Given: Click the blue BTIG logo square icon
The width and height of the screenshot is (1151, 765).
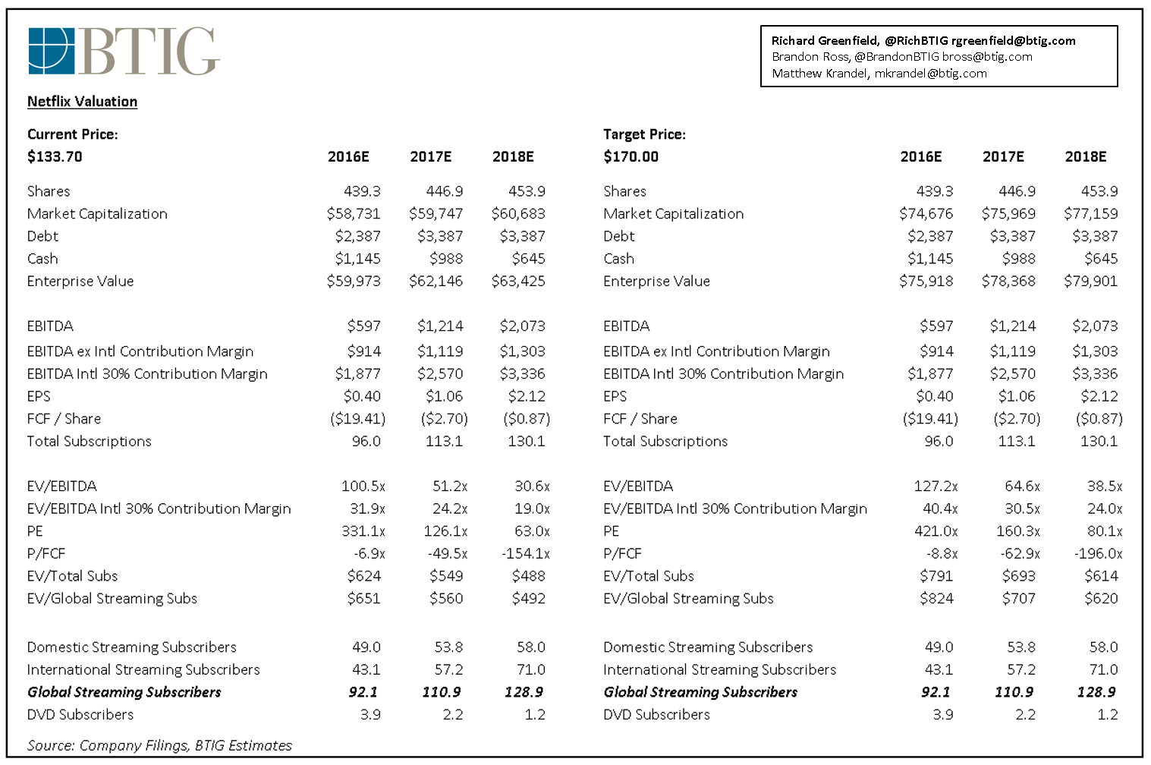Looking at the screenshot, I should [x=52, y=52].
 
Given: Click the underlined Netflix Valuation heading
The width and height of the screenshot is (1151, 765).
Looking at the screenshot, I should [x=82, y=102].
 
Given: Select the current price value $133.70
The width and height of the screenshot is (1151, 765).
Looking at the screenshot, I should [x=55, y=157].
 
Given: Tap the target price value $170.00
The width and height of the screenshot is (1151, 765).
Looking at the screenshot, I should [x=631, y=157].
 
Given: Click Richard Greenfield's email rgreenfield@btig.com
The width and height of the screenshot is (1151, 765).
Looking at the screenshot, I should [x=1013, y=41].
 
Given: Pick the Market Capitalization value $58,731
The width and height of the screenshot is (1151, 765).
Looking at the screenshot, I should [x=354, y=214].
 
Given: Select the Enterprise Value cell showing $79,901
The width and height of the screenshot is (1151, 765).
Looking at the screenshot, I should [x=1090, y=282].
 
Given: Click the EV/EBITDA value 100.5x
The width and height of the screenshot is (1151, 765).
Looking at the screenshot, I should [x=363, y=486].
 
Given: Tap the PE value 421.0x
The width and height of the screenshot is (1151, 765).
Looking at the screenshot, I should [x=936, y=531].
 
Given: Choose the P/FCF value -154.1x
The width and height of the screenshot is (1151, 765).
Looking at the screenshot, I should [x=525, y=554].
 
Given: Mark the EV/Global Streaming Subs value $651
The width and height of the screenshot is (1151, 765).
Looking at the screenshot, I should [x=363, y=599].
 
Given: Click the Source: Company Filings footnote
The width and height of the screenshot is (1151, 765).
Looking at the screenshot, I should [x=159, y=746].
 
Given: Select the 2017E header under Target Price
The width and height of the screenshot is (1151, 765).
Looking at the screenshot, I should [x=1003, y=157].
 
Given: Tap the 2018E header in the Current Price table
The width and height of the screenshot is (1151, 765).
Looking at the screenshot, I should [x=513, y=157].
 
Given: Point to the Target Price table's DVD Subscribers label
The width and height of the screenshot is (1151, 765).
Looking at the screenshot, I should [x=656, y=715].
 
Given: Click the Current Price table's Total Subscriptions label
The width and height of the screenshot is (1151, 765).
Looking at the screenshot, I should [x=89, y=442].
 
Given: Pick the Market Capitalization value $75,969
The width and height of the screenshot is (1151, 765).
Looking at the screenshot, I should [x=1008, y=214].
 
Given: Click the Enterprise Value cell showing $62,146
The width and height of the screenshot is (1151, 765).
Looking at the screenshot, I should [x=436, y=282].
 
